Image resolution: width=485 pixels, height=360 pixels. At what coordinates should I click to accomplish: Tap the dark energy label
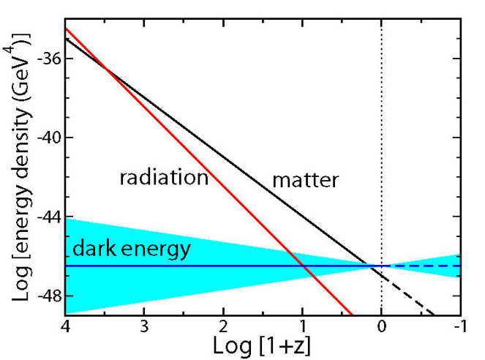click(x=131, y=249)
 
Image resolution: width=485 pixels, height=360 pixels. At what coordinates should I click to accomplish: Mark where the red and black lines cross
click(x=106, y=69)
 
